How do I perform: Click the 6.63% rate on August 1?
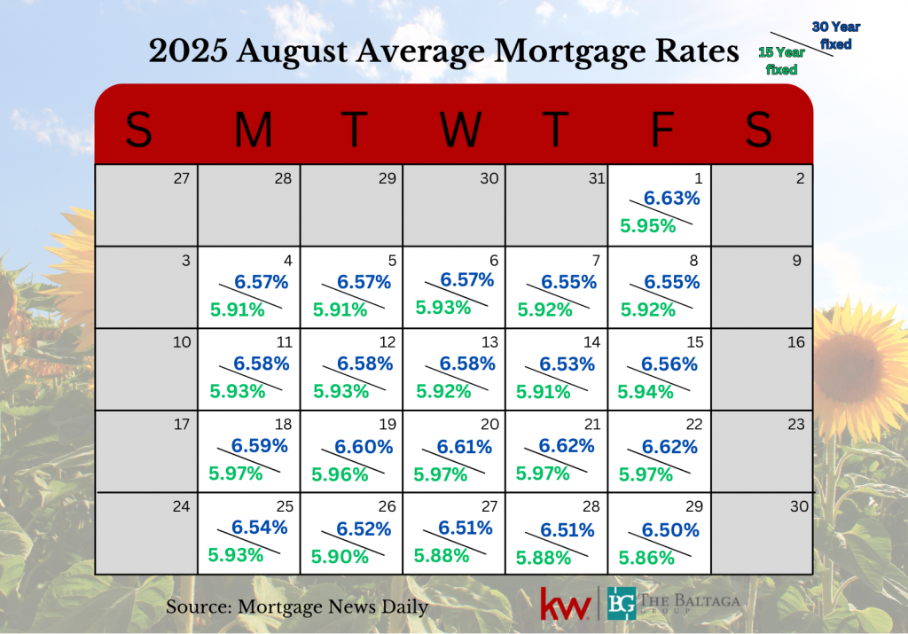tap(671, 199)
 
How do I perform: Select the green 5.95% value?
tap(647, 226)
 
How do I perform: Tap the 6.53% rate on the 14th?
tap(568, 364)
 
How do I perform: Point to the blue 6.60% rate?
tap(364, 448)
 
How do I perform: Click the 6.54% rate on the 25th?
tap(260, 528)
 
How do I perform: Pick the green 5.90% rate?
tap(339, 557)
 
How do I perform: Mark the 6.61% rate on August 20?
tap(466, 448)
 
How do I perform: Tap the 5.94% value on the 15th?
tap(646, 391)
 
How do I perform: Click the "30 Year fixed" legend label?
tap(835, 35)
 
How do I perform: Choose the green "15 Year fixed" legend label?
tap(781, 60)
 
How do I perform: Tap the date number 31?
tap(595, 178)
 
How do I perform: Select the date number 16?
tap(795, 342)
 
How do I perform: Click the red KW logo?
tap(566, 604)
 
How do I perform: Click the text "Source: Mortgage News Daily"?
tap(297, 607)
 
